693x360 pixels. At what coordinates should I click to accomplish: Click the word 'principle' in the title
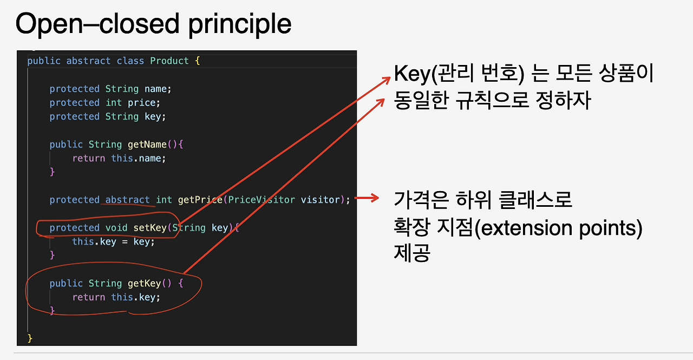click(x=240, y=25)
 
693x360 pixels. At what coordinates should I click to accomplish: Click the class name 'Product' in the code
click(x=169, y=61)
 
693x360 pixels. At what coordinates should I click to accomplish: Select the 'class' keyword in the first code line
click(x=130, y=61)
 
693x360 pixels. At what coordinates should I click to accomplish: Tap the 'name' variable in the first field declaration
click(x=155, y=89)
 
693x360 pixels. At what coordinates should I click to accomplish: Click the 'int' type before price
click(x=114, y=103)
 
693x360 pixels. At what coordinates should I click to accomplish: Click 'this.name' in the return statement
click(x=136, y=159)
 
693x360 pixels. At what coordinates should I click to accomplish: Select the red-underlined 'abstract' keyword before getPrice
click(x=127, y=200)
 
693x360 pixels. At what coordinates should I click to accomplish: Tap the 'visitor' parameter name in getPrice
click(x=321, y=200)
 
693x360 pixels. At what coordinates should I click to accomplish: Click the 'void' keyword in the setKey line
click(x=116, y=227)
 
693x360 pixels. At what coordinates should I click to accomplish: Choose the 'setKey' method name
click(x=150, y=228)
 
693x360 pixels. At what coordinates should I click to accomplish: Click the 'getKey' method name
click(x=144, y=283)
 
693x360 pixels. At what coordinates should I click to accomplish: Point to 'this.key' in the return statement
click(x=133, y=297)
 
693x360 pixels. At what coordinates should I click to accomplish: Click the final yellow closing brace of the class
click(x=30, y=338)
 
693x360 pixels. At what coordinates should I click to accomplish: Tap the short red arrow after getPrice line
click(x=367, y=198)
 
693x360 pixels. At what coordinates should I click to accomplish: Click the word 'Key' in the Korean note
click(x=412, y=74)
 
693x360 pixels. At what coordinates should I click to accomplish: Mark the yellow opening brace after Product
click(x=198, y=61)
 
